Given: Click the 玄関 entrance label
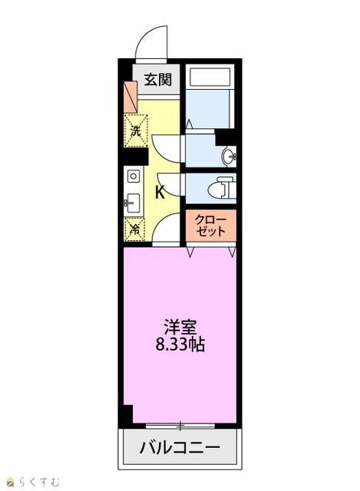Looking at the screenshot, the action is coord(157,80).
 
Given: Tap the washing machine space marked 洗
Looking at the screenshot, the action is coord(136,130).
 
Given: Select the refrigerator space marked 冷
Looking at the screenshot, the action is coord(134,229).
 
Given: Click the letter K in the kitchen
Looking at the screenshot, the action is coord(160,192).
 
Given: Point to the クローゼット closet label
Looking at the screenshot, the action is coord(210,226).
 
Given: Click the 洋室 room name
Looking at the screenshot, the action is coord(180,328).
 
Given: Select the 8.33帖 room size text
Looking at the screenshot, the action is coord(180,344).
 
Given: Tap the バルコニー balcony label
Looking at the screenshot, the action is coord(180,447).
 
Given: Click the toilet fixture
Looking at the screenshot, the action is coord(221,187).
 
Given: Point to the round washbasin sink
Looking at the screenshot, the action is coord(229,156).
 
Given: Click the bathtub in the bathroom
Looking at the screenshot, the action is coord(210,77).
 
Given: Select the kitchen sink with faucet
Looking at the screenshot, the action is coord(133,203).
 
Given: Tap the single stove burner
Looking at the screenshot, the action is coord(134,176).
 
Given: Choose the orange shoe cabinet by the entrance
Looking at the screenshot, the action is coord(130,97).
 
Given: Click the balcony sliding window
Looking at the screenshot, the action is coord(180,426).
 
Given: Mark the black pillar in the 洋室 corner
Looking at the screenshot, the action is coord(128,414).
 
